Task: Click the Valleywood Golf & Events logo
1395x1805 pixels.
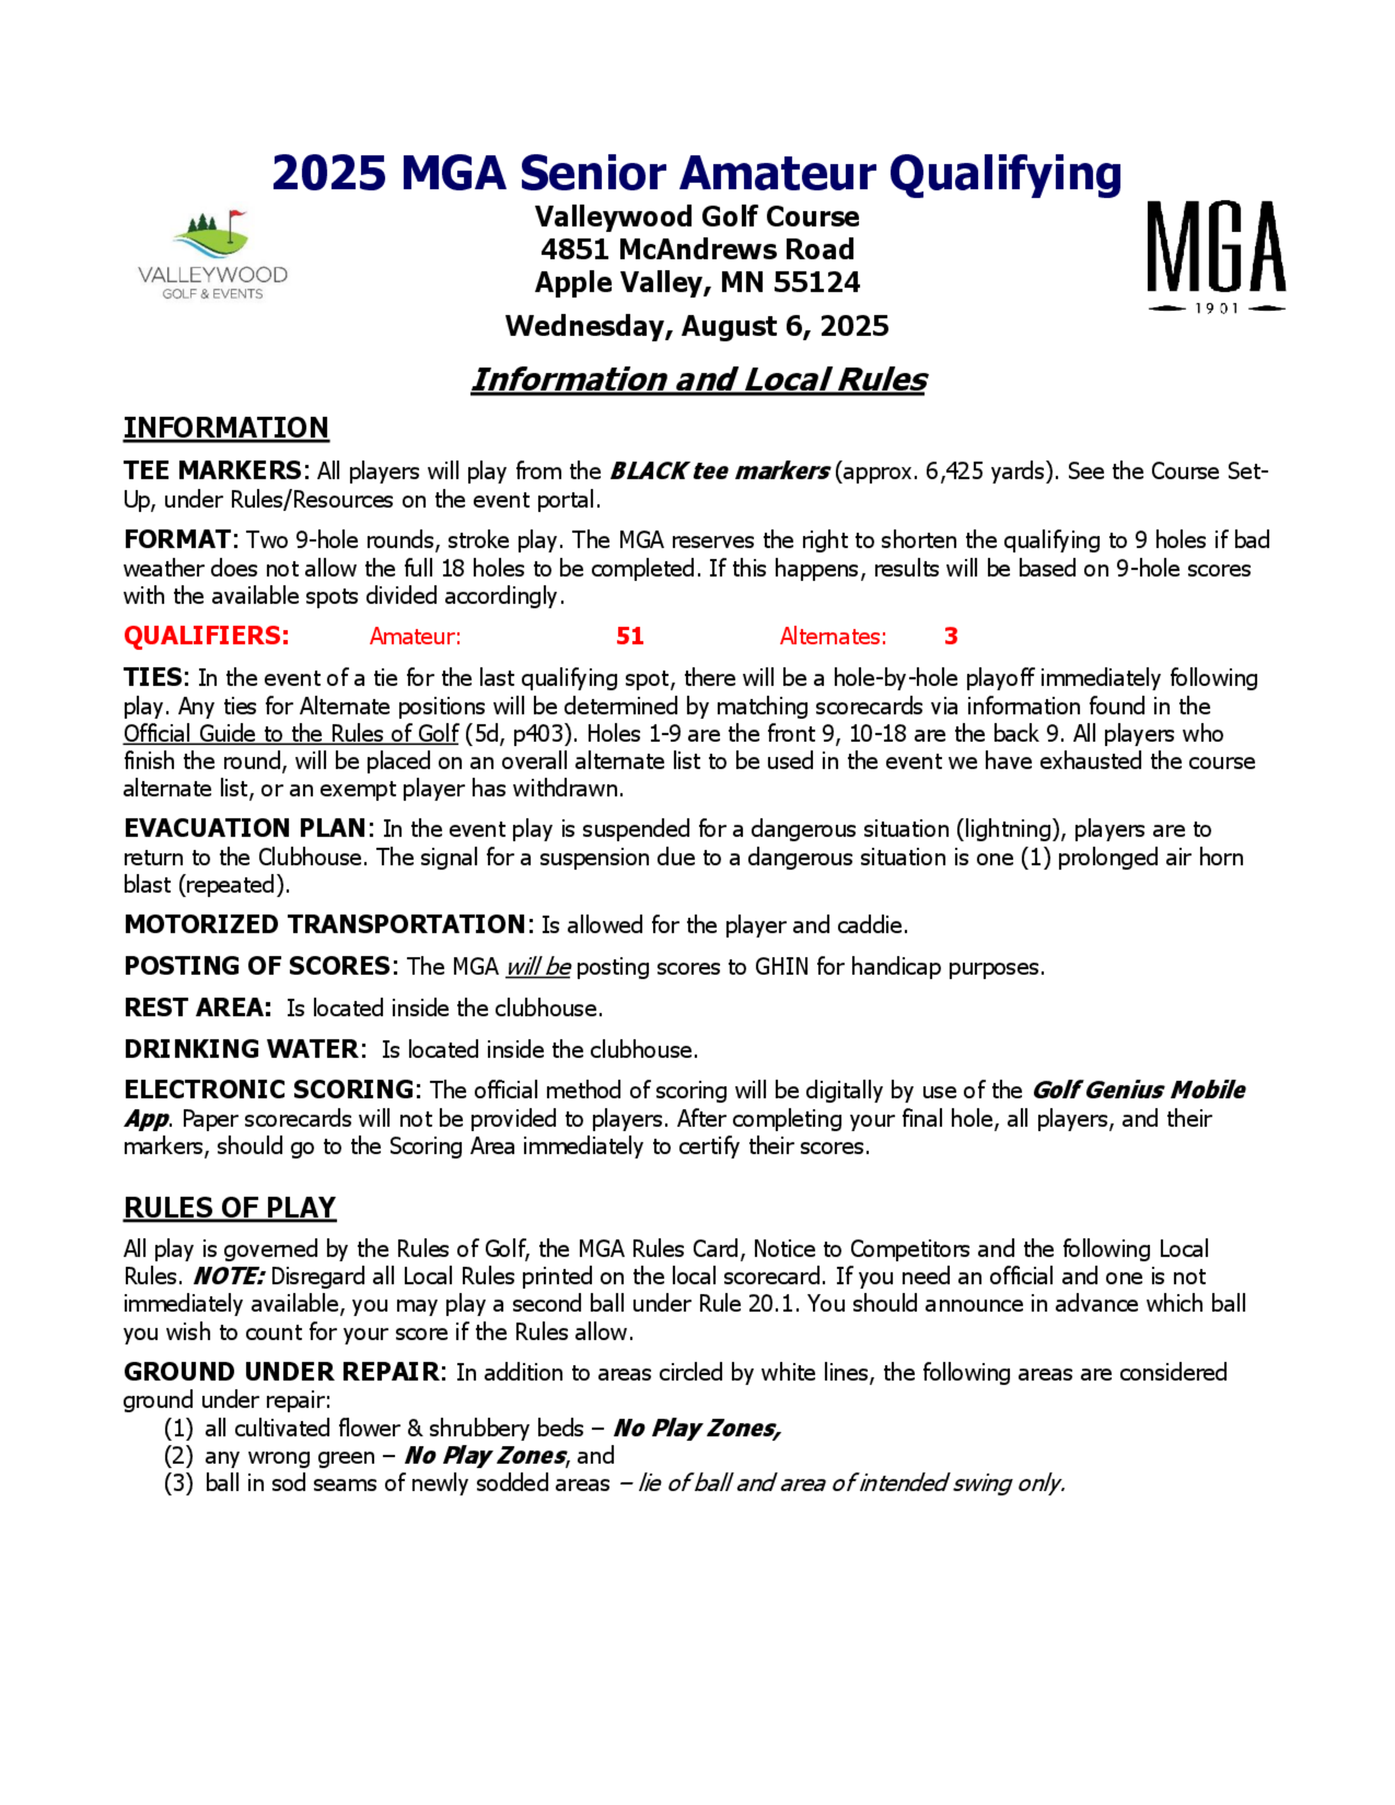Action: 213,255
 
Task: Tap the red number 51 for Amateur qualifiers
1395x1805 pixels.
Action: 630,635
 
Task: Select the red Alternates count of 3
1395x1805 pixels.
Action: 951,635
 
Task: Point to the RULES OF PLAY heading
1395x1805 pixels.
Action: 229,1207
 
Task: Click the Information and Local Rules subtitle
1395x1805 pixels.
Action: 698,379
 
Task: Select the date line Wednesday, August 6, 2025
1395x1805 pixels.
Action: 697,326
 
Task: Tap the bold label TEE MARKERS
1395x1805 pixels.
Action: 213,470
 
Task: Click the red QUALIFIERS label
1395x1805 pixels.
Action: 206,635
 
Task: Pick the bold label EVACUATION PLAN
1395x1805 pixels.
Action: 246,828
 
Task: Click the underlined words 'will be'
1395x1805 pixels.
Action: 538,966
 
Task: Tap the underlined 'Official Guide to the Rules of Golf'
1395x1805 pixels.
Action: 291,734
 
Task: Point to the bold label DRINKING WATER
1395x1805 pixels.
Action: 241,1049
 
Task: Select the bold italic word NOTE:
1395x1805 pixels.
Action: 229,1276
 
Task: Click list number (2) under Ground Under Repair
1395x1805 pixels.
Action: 179,1456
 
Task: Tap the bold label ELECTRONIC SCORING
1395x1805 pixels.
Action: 269,1089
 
